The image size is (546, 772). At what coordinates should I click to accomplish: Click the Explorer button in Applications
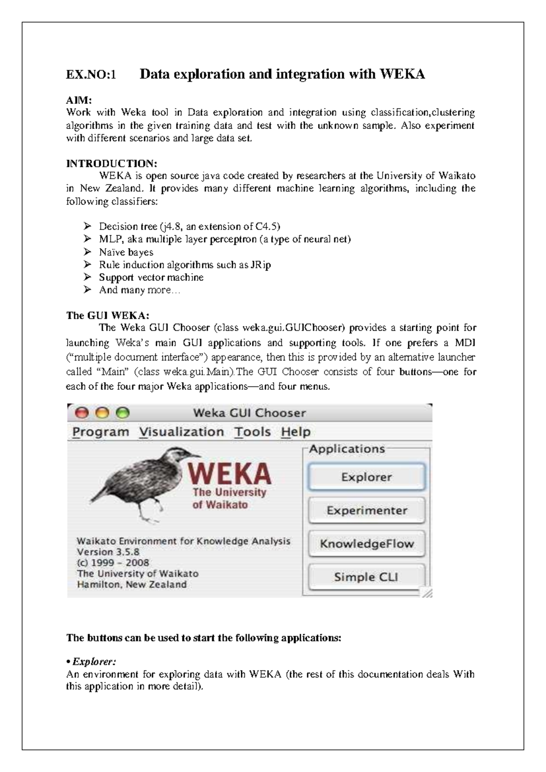coord(366,477)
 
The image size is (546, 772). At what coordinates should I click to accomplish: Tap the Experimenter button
coord(366,510)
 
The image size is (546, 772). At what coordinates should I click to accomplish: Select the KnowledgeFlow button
coord(366,543)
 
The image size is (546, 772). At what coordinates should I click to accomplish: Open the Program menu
coord(101,432)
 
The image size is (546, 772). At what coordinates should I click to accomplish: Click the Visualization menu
coord(182,432)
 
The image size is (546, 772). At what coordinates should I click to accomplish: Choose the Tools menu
coord(253,432)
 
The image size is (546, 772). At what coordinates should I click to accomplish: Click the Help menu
coord(296,432)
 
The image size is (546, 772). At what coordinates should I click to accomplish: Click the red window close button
coord(82,413)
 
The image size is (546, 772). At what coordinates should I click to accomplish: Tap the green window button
coord(123,413)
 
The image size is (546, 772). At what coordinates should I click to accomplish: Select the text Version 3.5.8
coord(108,552)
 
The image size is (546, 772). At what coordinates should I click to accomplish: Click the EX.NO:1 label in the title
coord(91,74)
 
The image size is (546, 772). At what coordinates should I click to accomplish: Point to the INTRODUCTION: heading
coord(112,163)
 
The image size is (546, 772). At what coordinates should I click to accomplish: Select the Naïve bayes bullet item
coord(126,252)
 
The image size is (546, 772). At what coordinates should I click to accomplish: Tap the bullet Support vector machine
coord(151,277)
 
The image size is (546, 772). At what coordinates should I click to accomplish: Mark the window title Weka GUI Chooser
coord(249,413)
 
